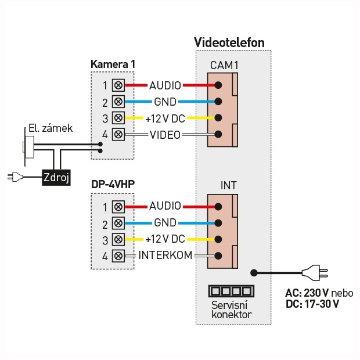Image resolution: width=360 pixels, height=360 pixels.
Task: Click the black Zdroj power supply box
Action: (x=56, y=177)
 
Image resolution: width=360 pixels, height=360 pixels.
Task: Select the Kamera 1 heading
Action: (x=114, y=63)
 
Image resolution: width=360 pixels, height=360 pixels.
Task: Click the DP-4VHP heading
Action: (x=113, y=184)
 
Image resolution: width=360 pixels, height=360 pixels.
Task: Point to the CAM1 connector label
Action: (x=224, y=66)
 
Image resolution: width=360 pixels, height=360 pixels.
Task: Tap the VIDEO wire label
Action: (x=165, y=135)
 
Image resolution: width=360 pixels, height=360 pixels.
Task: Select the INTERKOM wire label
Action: (x=165, y=255)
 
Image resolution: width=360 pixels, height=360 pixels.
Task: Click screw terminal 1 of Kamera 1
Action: (x=118, y=85)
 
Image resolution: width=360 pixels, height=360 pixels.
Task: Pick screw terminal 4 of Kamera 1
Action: (x=118, y=135)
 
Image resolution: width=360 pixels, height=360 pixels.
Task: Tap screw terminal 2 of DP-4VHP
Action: (x=118, y=223)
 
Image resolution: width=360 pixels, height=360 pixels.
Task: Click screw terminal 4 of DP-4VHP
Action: (x=118, y=255)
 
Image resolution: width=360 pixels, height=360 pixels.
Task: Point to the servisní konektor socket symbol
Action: (x=231, y=290)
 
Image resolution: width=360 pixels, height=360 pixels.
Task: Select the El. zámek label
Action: (x=51, y=128)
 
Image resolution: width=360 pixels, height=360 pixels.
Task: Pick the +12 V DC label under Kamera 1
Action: (x=165, y=118)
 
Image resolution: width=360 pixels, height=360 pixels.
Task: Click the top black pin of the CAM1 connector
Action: (x=218, y=85)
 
